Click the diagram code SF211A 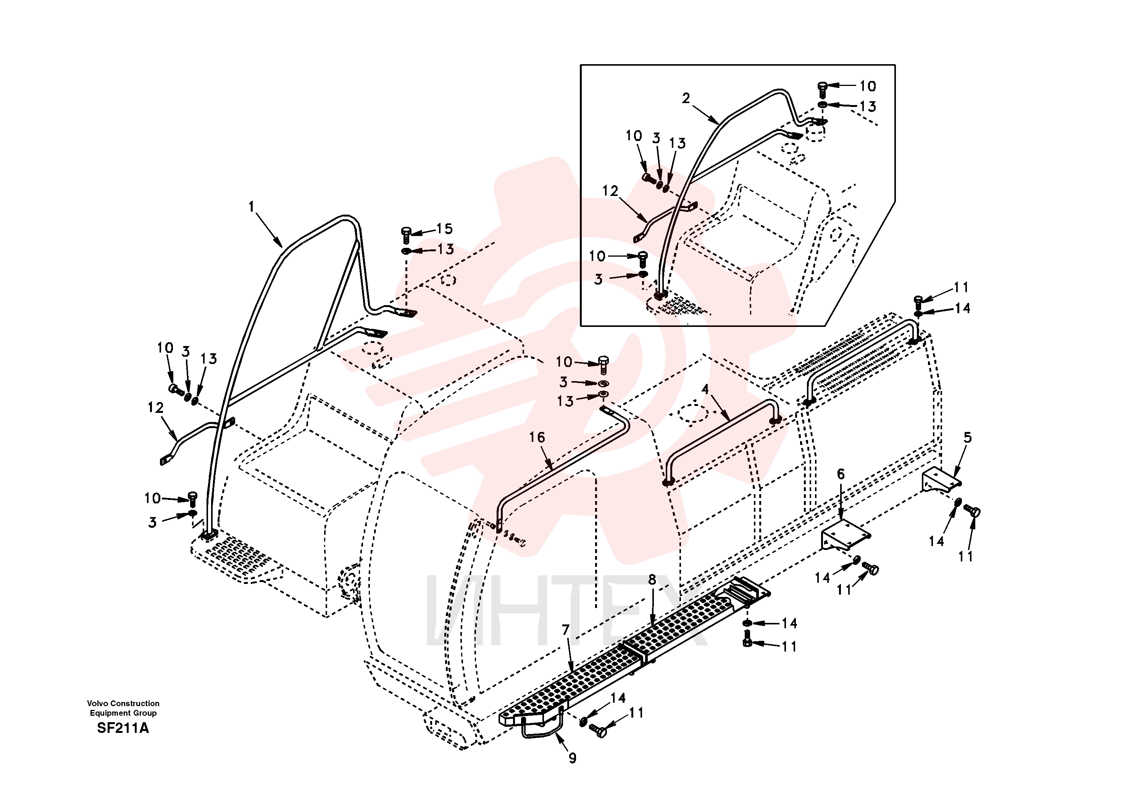(x=123, y=728)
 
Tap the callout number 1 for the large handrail (x=251, y=207)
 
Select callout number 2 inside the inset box (x=686, y=99)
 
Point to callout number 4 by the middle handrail (x=705, y=390)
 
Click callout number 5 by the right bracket (x=968, y=438)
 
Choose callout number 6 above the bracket (x=841, y=474)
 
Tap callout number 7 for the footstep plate (x=566, y=630)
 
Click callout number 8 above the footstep (x=652, y=580)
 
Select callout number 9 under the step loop (x=573, y=758)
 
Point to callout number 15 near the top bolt (x=444, y=229)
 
